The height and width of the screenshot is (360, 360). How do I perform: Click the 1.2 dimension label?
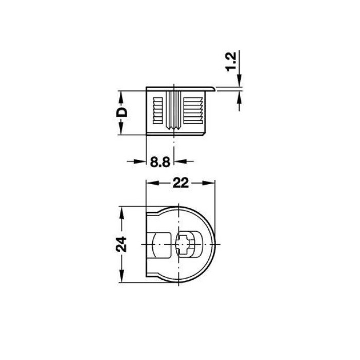pos(231,62)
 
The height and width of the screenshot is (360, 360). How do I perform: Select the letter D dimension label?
pos(122,112)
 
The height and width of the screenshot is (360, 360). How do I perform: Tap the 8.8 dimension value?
pos(160,162)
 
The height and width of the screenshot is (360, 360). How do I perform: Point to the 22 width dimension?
pos(181,183)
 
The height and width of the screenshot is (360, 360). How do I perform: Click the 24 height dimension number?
pos(121,244)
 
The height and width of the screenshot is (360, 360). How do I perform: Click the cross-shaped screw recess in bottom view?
pos(185,244)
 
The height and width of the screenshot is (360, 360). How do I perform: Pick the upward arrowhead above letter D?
pos(121,98)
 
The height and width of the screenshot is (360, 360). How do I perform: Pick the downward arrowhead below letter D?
pos(121,129)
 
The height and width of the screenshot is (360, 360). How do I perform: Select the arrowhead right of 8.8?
pos(180,161)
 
